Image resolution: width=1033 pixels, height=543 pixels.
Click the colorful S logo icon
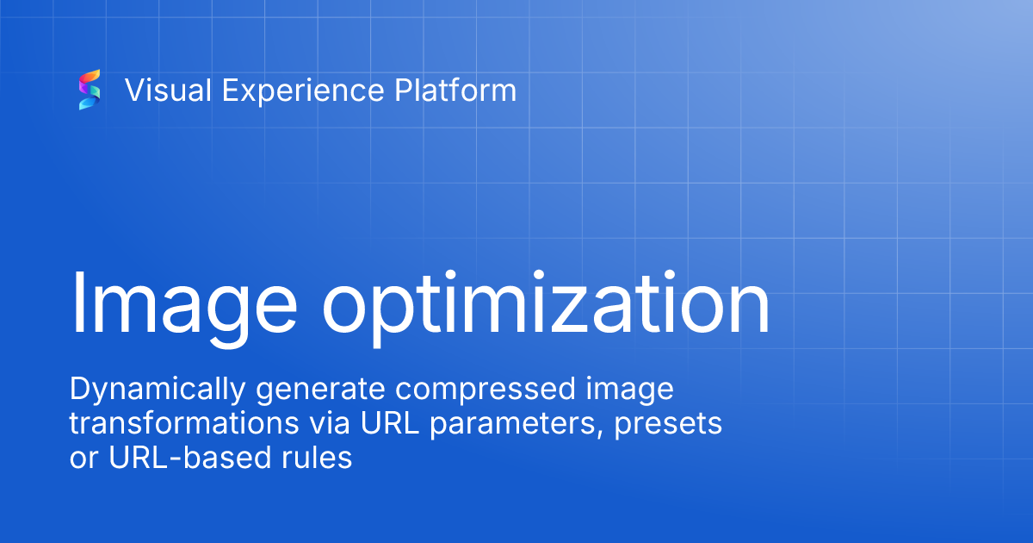pos(90,90)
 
